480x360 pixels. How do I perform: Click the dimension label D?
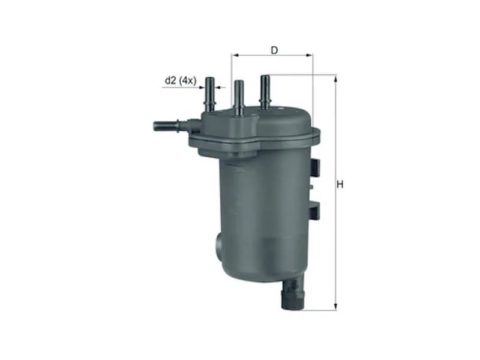coord(274,50)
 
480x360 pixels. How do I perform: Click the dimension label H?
coord(340,185)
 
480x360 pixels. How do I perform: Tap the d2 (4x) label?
coord(181,81)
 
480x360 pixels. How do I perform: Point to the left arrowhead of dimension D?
coord(235,55)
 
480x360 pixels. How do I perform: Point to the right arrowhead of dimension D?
coord(310,55)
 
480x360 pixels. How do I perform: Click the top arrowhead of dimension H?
coord(336,79)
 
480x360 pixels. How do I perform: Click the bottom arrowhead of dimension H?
coord(336,307)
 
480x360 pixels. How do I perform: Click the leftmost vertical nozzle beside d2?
coord(210,95)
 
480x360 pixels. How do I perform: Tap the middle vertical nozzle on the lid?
coord(239,98)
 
